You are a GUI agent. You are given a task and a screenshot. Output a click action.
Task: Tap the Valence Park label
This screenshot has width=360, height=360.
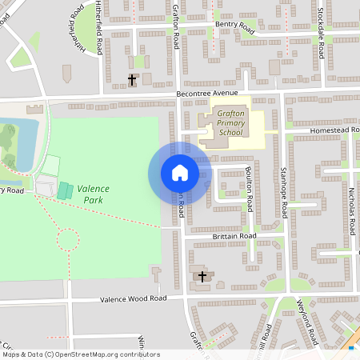click(x=94, y=192)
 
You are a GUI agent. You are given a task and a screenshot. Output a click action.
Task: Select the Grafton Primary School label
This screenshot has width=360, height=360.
click(x=230, y=124)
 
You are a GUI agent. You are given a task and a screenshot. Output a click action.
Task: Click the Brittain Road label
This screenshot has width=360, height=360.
click(x=234, y=236)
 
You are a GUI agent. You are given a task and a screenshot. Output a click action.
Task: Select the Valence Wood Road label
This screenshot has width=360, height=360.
click(x=133, y=298)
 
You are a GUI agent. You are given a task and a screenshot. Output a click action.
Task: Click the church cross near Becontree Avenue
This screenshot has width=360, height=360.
click(x=133, y=79)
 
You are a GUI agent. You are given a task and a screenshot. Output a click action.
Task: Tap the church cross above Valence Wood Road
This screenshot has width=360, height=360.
click(x=202, y=277)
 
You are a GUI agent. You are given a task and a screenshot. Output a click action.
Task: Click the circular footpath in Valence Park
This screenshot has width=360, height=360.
click(x=68, y=239)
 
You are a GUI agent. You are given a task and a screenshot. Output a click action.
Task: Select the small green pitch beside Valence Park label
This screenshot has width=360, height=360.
click(x=63, y=190)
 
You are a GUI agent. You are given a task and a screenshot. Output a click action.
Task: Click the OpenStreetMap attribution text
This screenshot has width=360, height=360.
click(x=81, y=354)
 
